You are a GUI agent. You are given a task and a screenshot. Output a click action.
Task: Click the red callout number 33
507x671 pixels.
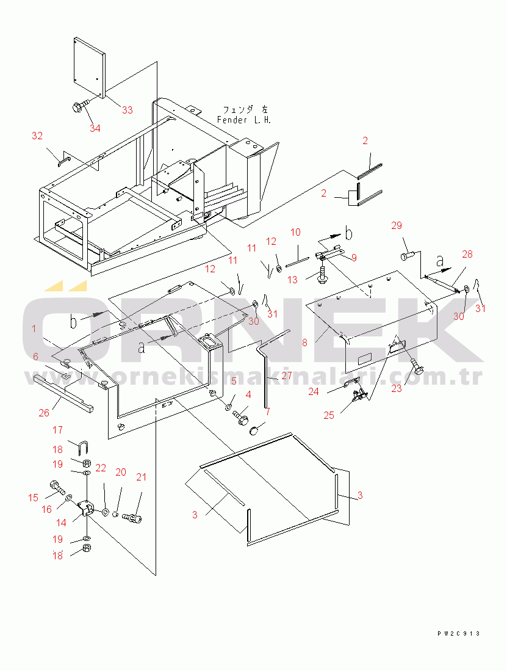click(128, 110)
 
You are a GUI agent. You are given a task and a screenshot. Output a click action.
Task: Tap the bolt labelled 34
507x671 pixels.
click(81, 106)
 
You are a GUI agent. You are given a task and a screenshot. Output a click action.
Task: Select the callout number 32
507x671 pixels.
click(37, 136)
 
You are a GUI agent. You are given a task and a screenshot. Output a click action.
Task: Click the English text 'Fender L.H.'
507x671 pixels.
click(243, 120)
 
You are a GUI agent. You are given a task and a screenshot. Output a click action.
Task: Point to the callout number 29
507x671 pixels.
click(397, 225)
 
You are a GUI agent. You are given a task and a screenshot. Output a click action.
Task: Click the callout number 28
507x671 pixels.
click(467, 254)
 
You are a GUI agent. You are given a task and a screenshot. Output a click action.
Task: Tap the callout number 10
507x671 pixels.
click(295, 233)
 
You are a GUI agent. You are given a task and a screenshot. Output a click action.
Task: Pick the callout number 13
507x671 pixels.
click(292, 280)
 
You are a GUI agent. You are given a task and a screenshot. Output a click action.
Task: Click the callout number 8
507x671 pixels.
click(304, 343)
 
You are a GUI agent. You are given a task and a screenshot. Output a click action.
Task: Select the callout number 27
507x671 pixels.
click(286, 375)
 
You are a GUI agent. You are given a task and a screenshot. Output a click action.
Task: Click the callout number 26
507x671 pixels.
click(44, 413)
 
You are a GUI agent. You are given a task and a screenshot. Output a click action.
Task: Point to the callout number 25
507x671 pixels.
click(329, 415)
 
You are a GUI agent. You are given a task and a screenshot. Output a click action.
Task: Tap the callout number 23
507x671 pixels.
click(397, 388)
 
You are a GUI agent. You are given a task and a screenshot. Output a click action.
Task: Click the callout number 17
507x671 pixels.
click(58, 430)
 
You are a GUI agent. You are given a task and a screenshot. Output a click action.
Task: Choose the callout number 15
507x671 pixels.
click(34, 498)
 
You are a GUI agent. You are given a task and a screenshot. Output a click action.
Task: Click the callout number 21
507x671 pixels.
click(141, 477)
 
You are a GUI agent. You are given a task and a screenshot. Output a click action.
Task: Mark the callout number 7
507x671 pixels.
click(268, 412)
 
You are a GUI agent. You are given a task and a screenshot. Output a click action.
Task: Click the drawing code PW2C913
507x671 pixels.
click(459, 633)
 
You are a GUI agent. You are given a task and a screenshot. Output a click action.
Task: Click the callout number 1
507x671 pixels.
click(34, 328)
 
